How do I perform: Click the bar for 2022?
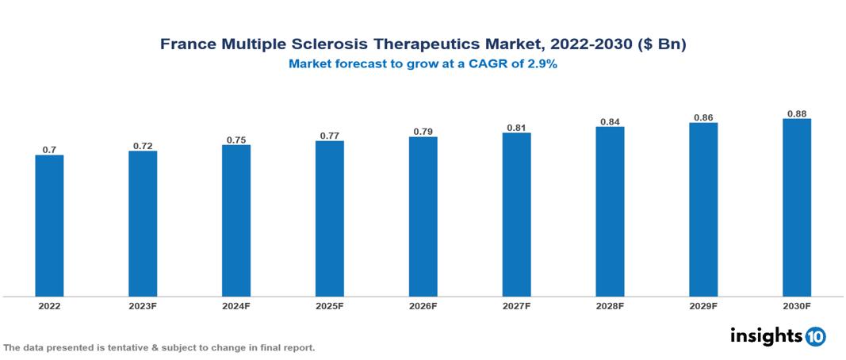point(49,225)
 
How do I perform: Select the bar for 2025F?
point(330,219)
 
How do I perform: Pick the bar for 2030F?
point(797,208)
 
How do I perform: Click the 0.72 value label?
point(143,145)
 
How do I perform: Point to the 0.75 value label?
point(236,140)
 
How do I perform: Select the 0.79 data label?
point(423,132)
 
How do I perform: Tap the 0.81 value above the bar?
point(517,127)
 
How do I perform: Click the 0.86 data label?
point(703,117)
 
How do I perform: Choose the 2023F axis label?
point(143,305)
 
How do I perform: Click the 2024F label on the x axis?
point(236,305)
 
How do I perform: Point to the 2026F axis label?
point(423,305)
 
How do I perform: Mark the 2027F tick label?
point(517,305)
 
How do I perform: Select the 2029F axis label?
point(703,305)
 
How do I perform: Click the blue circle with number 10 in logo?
point(815,336)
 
